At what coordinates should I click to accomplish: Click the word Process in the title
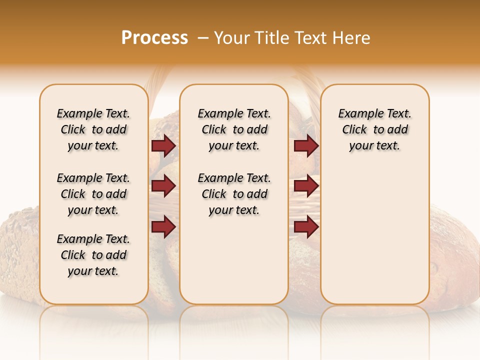point(154,37)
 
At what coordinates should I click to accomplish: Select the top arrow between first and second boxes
point(163,146)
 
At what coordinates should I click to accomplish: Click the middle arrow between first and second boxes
point(163,186)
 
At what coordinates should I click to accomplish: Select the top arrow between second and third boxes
point(306,146)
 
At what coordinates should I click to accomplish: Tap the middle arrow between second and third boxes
point(306,186)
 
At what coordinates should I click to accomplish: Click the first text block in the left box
point(93,130)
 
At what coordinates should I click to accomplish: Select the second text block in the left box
point(93,194)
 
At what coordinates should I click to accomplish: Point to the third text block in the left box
point(93,255)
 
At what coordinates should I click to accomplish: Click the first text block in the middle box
point(234,130)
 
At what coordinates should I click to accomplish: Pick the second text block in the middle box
point(234,194)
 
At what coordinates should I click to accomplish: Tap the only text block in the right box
point(375,130)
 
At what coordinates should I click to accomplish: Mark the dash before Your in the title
point(203,38)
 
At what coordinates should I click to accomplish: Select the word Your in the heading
point(232,38)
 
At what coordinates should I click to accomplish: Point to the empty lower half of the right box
point(375,240)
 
